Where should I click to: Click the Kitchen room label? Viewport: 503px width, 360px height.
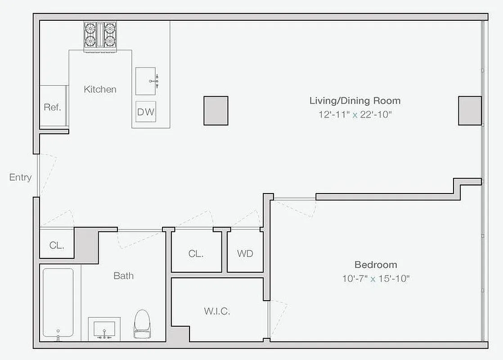100,89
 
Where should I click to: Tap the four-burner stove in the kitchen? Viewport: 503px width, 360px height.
99,35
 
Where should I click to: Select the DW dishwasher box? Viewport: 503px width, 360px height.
146,112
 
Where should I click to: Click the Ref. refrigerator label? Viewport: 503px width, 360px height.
52,108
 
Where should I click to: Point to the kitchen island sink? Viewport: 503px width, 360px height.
146,81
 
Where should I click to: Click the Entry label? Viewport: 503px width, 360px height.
20,177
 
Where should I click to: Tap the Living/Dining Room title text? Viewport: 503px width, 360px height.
355,100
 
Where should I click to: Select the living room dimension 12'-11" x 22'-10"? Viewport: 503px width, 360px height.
355,114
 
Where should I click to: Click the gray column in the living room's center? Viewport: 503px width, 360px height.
216,111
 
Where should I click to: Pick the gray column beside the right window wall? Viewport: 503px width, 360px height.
470,111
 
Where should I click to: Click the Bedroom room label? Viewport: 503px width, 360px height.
376,265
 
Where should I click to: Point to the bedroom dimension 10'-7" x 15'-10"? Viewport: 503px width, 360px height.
376,279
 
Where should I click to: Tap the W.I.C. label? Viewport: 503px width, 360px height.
217,311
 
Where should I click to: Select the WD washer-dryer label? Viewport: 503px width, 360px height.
245,253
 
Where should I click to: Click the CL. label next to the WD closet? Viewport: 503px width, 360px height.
196,253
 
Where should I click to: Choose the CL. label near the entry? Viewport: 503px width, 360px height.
57,246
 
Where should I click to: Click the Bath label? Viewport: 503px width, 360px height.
123,276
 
